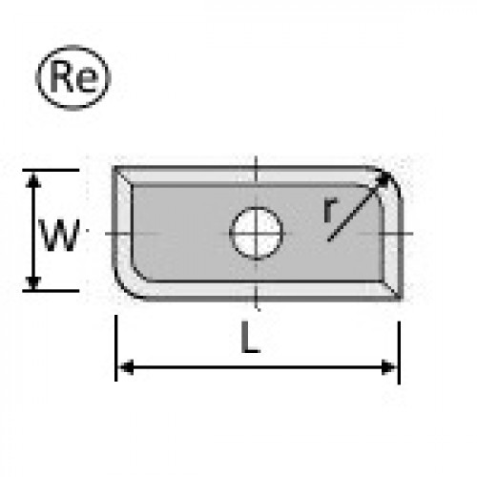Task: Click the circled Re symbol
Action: point(73,77)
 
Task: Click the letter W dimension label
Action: point(59,235)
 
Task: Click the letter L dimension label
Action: point(251,337)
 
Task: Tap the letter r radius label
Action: point(331,210)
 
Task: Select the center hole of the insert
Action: point(257,234)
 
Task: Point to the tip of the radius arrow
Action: point(390,173)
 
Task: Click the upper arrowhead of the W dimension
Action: point(33,179)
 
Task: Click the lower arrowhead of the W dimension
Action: point(33,282)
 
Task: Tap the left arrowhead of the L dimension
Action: point(126,367)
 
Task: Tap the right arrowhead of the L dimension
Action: point(389,367)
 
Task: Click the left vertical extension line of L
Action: point(116,348)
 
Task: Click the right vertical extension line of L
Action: point(399,352)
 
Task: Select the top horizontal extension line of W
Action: point(51,171)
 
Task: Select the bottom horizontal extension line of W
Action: point(51,291)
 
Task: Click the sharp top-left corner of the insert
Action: point(114,167)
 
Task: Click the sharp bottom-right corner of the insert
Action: point(401,299)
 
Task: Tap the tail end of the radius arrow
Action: point(329,239)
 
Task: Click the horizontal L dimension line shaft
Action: point(258,367)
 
